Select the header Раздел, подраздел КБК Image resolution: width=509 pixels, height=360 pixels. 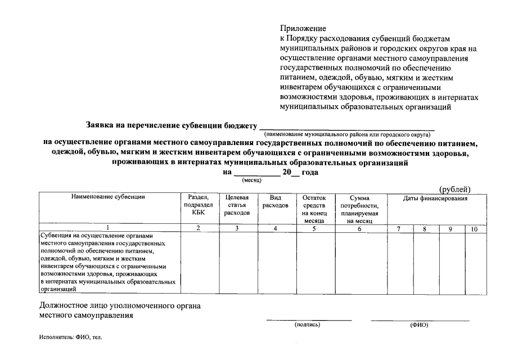pyautogui.click(x=199, y=205)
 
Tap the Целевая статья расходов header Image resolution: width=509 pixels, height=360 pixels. pyautogui.click(x=237, y=205)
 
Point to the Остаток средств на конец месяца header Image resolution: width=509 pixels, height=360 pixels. pyautogui.click(x=314, y=209)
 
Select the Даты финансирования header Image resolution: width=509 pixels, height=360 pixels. pyautogui.click(x=435, y=199)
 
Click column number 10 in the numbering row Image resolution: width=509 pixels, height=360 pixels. pyautogui.click(x=474, y=229)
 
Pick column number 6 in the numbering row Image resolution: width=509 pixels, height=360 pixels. pyautogui.click(x=359, y=229)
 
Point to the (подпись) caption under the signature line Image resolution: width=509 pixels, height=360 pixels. pyautogui.click(x=307, y=325)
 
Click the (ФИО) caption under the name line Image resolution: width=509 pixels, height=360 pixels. pyautogui.click(x=419, y=325)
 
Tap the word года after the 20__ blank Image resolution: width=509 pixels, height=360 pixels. pyautogui.click(x=310, y=173)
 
